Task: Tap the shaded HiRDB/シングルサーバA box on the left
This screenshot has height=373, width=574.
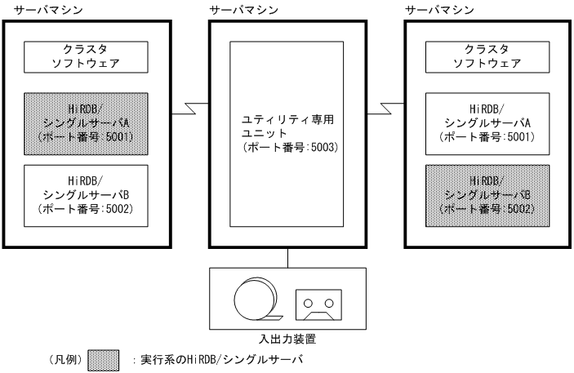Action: pyautogui.click(x=87, y=123)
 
